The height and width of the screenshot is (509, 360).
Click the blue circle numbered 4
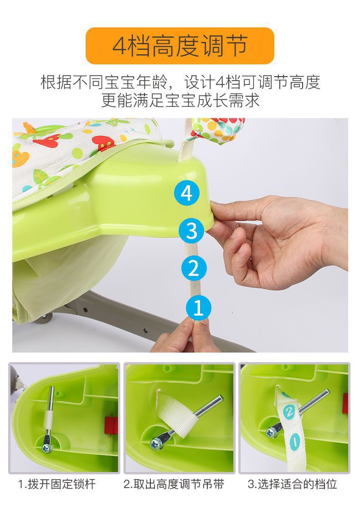(186, 193)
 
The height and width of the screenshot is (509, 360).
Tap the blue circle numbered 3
(192, 230)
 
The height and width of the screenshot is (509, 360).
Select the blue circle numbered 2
(194, 269)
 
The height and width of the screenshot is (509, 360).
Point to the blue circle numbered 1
(199, 307)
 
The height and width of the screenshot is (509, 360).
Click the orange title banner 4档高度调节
(180, 46)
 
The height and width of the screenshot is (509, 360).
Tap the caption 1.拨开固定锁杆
(57, 484)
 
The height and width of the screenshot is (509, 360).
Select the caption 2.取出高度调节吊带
(174, 484)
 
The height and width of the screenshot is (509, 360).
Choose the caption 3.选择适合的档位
(293, 484)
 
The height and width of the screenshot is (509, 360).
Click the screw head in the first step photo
(46, 449)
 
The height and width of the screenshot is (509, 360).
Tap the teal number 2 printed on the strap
(289, 412)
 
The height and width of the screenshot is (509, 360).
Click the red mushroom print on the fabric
(103, 143)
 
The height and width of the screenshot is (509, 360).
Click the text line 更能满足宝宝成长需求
(180, 100)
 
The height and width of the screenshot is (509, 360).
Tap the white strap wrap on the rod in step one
(49, 419)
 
